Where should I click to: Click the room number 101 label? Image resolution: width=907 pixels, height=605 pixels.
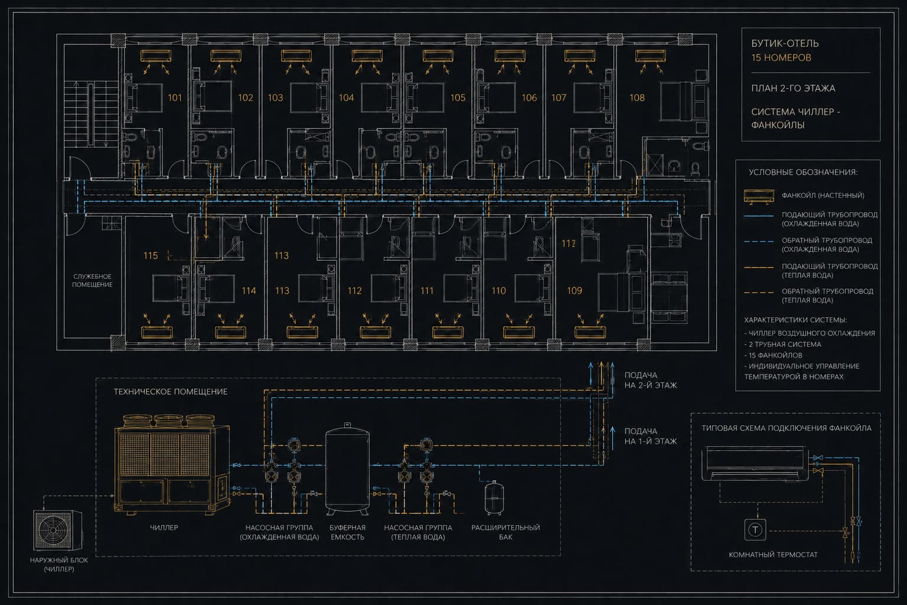pyautogui.click(x=175, y=97)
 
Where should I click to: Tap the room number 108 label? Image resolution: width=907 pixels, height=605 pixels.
pyautogui.click(x=637, y=97)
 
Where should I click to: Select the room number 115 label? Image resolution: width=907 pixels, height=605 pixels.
pyautogui.click(x=151, y=256)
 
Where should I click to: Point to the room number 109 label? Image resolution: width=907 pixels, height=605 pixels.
pyautogui.click(x=575, y=291)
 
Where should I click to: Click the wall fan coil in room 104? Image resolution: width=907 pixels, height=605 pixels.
pyautogui.click(x=367, y=56)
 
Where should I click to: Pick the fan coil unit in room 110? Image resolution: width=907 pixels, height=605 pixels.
pyautogui.click(x=518, y=332)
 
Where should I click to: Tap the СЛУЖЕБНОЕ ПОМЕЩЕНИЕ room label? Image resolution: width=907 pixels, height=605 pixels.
pyautogui.click(x=92, y=281)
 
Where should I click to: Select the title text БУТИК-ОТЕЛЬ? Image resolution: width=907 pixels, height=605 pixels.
pyautogui.click(x=785, y=43)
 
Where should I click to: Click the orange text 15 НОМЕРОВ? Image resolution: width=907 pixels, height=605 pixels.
pyautogui.click(x=781, y=57)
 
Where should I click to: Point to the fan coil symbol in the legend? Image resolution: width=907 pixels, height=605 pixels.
pyautogui.click(x=759, y=196)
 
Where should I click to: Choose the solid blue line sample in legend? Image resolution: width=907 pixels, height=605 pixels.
pyautogui.click(x=759, y=216)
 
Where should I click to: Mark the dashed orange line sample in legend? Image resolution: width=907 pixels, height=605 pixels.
pyautogui.click(x=759, y=292)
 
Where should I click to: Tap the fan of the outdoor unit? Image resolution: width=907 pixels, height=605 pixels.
pyautogui.click(x=53, y=529)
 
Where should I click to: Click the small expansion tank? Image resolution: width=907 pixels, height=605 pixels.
pyautogui.click(x=494, y=497)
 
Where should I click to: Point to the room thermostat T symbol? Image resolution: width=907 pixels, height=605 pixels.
pyautogui.click(x=755, y=529)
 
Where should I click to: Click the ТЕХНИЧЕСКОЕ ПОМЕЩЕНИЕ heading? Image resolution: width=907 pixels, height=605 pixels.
pyautogui.click(x=171, y=392)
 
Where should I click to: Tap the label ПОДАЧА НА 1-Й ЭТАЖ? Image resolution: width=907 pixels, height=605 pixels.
pyautogui.click(x=650, y=437)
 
